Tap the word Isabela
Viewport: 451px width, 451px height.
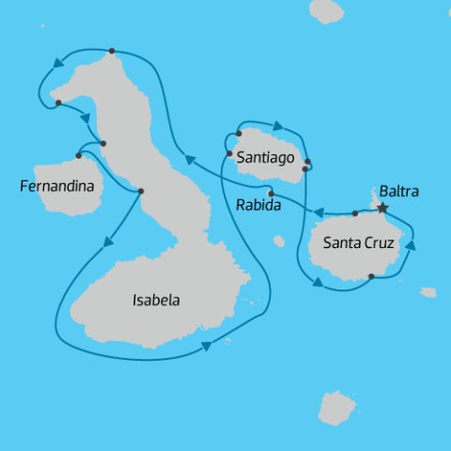pyautogui.click(x=155, y=302)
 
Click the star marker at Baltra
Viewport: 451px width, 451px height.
pyautogui.click(x=382, y=208)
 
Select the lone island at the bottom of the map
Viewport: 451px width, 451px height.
pyautogui.click(x=336, y=408)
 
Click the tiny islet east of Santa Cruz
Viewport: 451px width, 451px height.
pyautogui.click(x=428, y=292)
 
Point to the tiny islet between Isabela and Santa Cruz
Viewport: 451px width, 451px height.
pyautogui.click(x=279, y=241)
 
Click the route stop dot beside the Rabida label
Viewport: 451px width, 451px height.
pyautogui.click(x=271, y=194)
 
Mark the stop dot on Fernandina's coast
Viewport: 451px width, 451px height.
pyautogui.click(x=78, y=155)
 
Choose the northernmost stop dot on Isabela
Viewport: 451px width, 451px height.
pyautogui.click(x=112, y=51)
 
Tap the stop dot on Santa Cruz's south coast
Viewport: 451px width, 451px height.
pyautogui.click(x=372, y=276)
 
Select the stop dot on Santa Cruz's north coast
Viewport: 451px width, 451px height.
pyautogui.click(x=355, y=213)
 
